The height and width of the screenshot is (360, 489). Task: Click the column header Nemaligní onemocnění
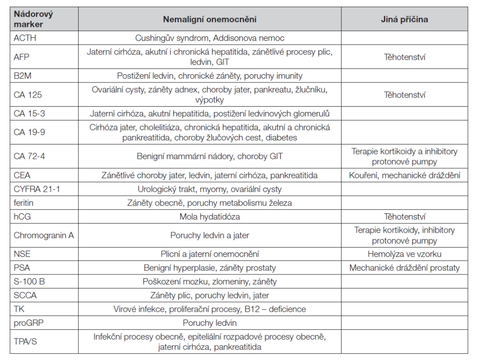point(210,19)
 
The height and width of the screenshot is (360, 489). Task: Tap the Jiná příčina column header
point(404,19)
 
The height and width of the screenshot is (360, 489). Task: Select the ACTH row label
point(25,38)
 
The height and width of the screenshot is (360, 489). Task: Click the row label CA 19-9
point(29,132)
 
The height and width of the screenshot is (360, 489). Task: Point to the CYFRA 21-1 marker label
point(37,189)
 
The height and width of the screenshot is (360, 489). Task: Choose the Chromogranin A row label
point(44,235)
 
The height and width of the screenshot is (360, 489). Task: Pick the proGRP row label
point(28,323)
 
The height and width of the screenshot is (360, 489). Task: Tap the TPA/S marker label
point(25,342)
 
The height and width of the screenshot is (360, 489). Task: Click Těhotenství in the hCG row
point(404,216)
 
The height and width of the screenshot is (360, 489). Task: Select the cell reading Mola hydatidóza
point(210,216)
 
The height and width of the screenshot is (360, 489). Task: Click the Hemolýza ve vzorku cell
point(404,254)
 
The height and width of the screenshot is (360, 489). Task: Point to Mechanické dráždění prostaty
point(404,268)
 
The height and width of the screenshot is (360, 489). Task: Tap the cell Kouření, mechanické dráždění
point(404,175)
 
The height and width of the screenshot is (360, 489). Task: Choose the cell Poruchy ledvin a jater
point(210,235)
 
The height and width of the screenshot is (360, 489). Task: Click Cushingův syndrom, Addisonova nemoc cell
point(210,38)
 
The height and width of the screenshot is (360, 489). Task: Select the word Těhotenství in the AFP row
point(404,57)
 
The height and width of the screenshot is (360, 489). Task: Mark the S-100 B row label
point(29,281)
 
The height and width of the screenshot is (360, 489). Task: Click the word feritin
point(23,203)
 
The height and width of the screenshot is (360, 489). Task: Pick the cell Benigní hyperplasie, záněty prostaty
point(210,268)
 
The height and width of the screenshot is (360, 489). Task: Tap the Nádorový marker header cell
point(33,19)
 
